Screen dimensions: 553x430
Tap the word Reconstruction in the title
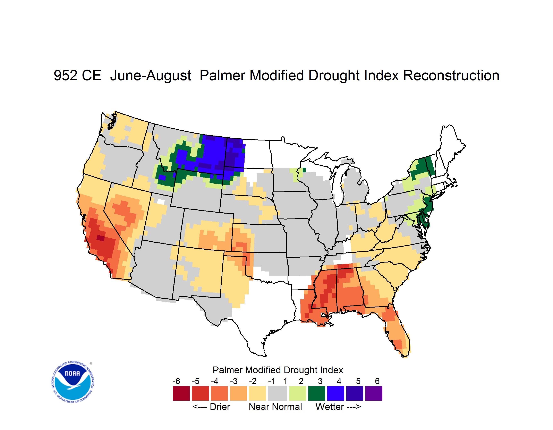coord(451,75)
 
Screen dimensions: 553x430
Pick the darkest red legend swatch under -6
coord(181,393)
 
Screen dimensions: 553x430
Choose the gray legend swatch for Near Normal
coord(278,393)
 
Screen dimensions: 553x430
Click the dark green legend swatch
coord(316,393)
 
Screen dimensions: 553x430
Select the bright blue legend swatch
coord(336,393)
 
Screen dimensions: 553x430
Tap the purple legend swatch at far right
coord(374,393)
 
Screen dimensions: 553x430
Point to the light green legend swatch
coord(298,393)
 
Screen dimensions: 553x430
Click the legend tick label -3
coord(234,381)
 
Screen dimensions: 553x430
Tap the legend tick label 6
coord(377,381)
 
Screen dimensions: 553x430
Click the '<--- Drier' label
coord(211,407)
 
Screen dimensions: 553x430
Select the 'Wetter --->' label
coord(338,407)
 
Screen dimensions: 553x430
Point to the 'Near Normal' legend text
coord(275,407)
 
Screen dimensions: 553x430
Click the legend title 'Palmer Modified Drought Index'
coord(278,370)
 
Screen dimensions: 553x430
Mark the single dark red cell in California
coord(101,238)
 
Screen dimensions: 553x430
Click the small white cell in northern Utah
coord(161,202)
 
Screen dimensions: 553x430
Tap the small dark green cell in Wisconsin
coord(304,170)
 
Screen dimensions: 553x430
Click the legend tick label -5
coord(195,381)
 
